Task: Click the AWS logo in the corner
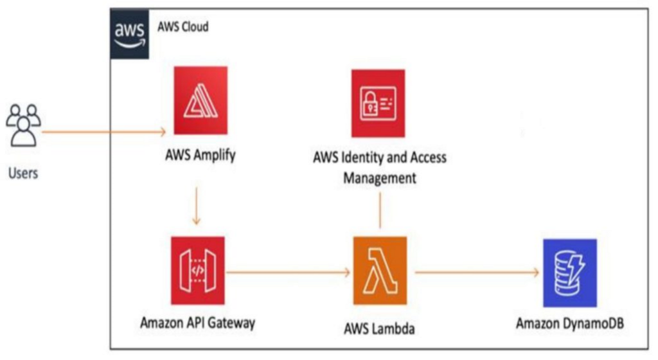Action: [x=130, y=34]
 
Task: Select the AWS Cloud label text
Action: [x=183, y=27]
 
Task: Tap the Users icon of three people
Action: [x=24, y=125]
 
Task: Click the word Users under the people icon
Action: [x=23, y=173]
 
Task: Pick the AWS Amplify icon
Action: [x=200, y=100]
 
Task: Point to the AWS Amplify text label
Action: [x=200, y=155]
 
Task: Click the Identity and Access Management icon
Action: [x=378, y=104]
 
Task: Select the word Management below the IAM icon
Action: [x=380, y=178]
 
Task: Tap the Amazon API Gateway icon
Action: [x=198, y=271]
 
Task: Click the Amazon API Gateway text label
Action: [x=198, y=323]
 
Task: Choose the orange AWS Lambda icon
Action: [x=380, y=271]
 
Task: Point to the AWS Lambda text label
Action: [x=379, y=328]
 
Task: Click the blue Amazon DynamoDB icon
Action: [x=570, y=273]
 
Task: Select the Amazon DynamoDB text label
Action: [x=570, y=323]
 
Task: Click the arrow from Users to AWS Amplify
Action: [x=104, y=132]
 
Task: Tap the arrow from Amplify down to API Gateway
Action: [x=196, y=206]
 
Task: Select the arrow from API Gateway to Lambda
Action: [x=289, y=273]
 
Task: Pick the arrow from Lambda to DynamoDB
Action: [x=477, y=273]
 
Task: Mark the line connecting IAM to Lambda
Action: [x=380, y=210]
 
